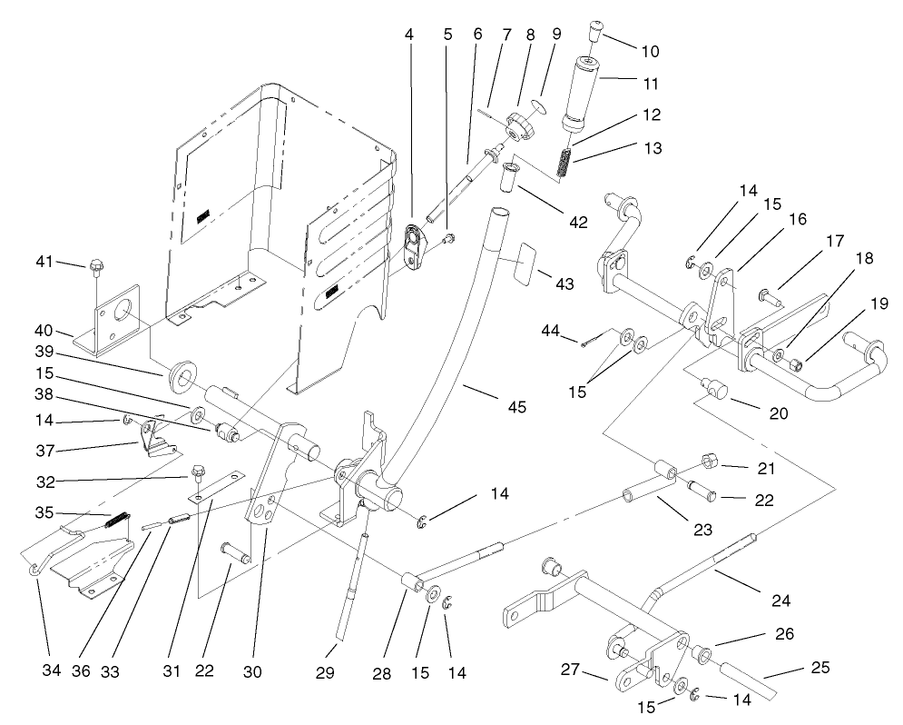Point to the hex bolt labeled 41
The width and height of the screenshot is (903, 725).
tap(96, 268)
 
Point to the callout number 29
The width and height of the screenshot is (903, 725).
tap(325, 672)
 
